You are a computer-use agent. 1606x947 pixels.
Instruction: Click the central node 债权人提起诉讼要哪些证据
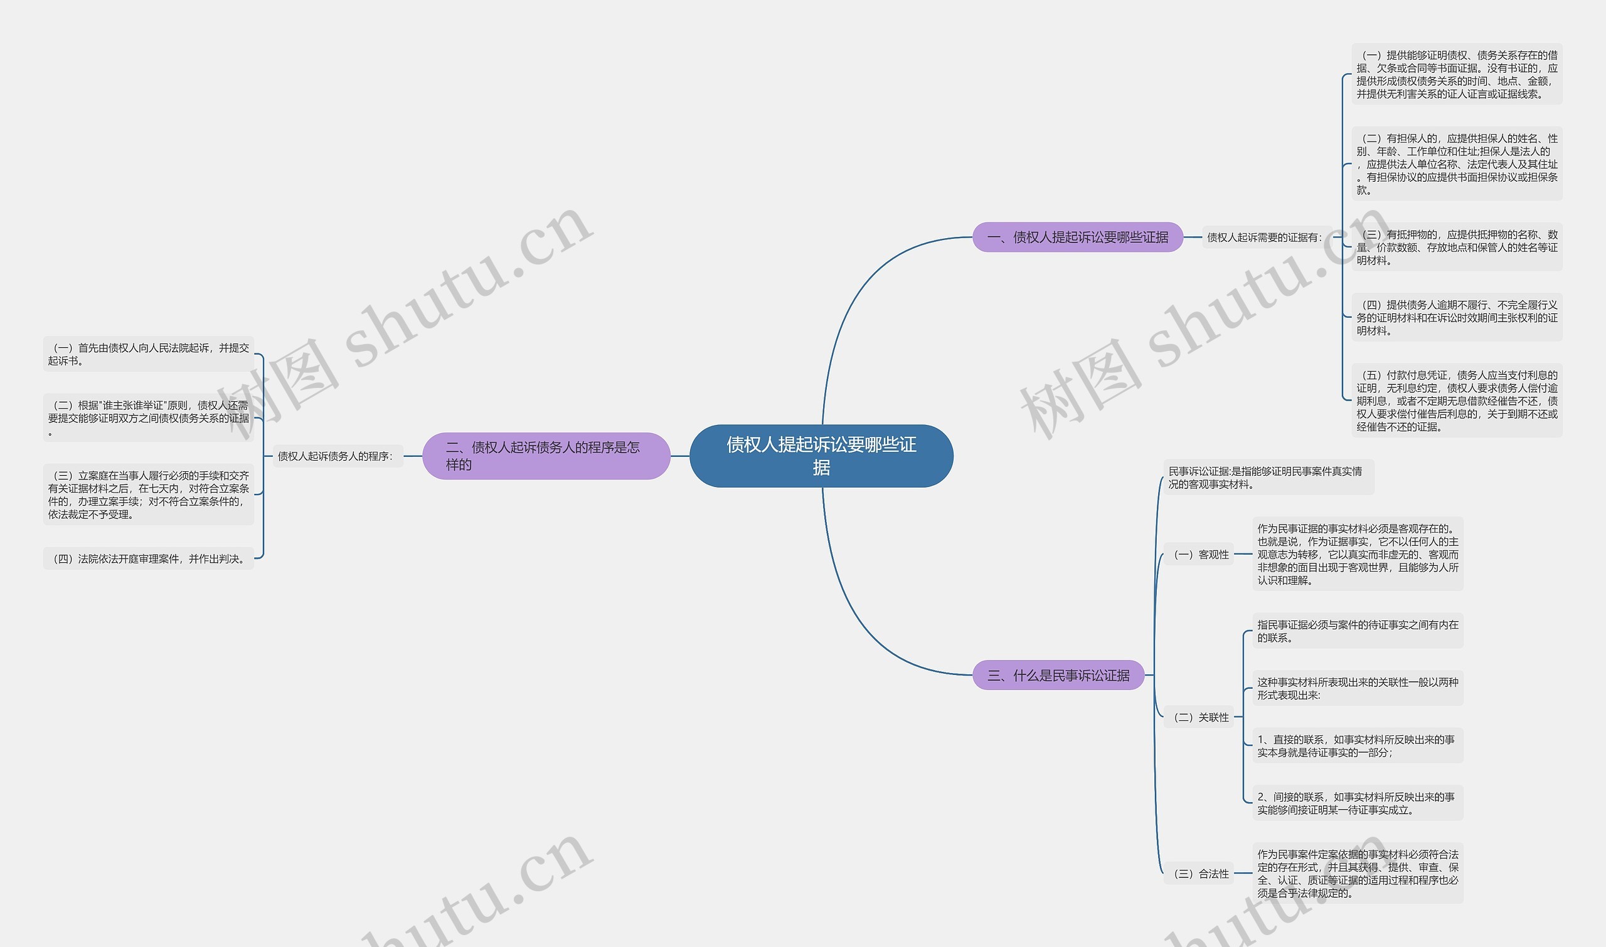pyautogui.click(x=821, y=456)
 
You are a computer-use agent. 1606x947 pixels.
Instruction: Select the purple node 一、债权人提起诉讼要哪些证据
pyautogui.click(x=1077, y=238)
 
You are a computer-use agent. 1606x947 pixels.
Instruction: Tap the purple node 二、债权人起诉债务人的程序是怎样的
pyautogui.click(x=546, y=456)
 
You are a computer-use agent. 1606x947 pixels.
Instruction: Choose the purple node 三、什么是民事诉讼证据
pyautogui.click(x=1058, y=675)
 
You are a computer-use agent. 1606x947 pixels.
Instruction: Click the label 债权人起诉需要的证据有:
pyautogui.click(x=1263, y=238)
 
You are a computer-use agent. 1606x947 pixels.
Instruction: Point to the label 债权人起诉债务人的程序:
pyautogui.click(x=335, y=456)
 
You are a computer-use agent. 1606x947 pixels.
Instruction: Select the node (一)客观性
pyautogui.click(x=1201, y=555)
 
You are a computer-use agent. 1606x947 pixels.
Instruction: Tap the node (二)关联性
pyautogui.click(x=1201, y=717)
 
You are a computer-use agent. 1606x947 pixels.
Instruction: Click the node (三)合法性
pyautogui.click(x=1201, y=874)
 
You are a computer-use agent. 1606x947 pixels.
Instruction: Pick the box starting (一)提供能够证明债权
pyautogui.click(x=1457, y=75)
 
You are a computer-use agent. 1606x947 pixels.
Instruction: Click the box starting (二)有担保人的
pyautogui.click(x=1457, y=164)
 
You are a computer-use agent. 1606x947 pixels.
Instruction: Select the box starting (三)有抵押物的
pyautogui.click(x=1457, y=247)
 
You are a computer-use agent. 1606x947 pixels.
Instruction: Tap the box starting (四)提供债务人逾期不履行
pyautogui.click(x=1457, y=317)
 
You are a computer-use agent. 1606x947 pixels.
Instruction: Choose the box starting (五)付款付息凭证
pyautogui.click(x=1457, y=400)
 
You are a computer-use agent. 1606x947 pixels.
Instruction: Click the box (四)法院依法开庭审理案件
pyautogui.click(x=149, y=558)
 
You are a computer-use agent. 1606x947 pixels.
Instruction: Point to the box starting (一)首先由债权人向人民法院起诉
pyautogui.click(x=149, y=354)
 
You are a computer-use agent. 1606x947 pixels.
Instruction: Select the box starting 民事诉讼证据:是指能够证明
pyautogui.click(x=1268, y=478)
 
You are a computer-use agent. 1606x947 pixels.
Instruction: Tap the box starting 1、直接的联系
pyautogui.click(x=1357, y=745)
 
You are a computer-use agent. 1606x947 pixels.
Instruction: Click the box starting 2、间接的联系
pyautogui.click(x=1357, y=803)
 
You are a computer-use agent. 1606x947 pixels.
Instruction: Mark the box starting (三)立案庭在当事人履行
pyautogui.click(x=149, y=494)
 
